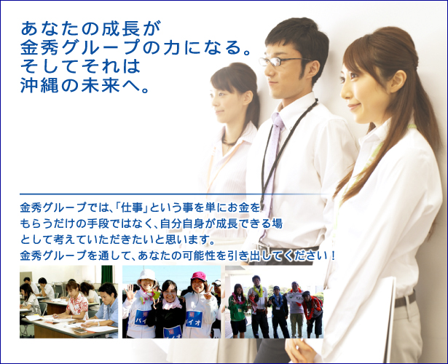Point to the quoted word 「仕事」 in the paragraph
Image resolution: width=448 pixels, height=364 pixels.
pyautogui.click(x=130, y=207)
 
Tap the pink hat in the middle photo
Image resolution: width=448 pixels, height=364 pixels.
pyautogui.click(x=199, y=276)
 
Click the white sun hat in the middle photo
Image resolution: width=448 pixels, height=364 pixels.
pyautogui.click(x=147, y=275)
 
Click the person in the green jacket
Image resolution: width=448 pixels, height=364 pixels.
pyautogui.click(x=237, y=311)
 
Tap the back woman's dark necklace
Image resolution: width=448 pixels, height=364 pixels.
pyautogui.click(x=229, y=141)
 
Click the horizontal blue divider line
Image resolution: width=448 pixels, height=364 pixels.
pyautogui.click(x=174, y=194)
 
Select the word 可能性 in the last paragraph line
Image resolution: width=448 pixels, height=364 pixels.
pyautogui.click(x=199, y=256)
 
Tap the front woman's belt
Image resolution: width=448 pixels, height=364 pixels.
pyautogui.click(x=405, y=300)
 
